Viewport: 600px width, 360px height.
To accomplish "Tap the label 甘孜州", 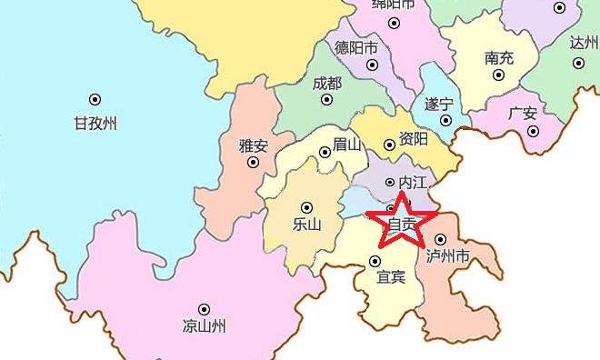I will click(x=95, y=124).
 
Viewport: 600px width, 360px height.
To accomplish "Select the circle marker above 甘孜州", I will click(x=95, y=99).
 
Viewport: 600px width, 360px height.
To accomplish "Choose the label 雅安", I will click(x=254, y=145).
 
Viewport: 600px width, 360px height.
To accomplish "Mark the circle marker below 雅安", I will click(x=254, y=164).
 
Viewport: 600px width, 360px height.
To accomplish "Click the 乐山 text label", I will click(x=308, y=225).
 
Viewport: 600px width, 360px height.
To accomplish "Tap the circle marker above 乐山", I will click(x=306, y=205).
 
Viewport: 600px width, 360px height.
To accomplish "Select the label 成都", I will click(x=327, y=83).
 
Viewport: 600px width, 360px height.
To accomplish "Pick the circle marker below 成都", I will click(x=327, y=103).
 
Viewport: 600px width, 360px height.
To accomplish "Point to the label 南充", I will click(x=498, y=56).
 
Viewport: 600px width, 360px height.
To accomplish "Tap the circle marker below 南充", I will click(x=498, y=76).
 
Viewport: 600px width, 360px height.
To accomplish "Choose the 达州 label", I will click(x=582, y=43).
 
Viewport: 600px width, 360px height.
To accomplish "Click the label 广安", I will click(x=523, y=113).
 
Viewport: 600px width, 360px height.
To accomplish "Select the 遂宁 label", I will click(x=438, y=103).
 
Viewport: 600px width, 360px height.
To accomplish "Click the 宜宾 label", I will click(x=391, y=276).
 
